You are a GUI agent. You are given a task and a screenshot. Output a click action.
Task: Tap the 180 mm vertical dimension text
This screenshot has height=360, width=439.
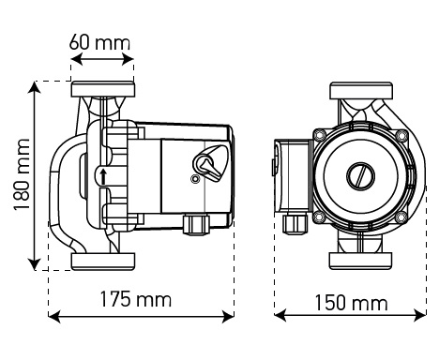tap(17, 176)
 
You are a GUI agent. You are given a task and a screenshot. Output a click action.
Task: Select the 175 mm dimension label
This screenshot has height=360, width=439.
tap(136, 300)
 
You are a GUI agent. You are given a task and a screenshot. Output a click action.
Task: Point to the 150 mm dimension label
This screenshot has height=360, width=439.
tap(351, 303)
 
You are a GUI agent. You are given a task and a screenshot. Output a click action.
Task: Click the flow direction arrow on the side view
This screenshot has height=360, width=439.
tap(102, 176)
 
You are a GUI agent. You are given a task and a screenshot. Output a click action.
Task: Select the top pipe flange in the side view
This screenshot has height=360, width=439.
tap(103, 93)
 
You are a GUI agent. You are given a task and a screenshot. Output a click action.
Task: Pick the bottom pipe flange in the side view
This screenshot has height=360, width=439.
tap(103, 261)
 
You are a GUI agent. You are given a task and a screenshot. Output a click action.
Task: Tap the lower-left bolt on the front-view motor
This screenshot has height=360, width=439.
tap(320, 217)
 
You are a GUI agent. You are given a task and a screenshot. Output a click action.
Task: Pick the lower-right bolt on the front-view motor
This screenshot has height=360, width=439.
tap(401, 217)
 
